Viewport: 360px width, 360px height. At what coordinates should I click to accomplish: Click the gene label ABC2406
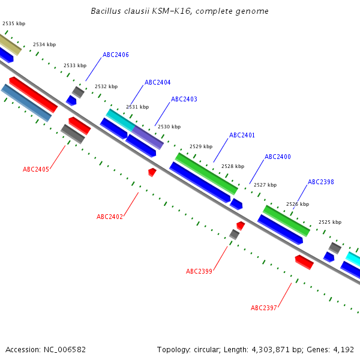pyautogui.click(x=115, y=55)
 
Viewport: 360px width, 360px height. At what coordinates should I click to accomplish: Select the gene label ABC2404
pyautogui.click(x=157, y=83)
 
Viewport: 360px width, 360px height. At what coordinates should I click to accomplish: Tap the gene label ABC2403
pyautogui.click(x=184, y=99)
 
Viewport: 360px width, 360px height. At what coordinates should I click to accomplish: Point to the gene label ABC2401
pyautogui.click(x=242, y=135)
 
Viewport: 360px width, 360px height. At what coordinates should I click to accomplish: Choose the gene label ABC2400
pyautogui.click(x=278, y=157)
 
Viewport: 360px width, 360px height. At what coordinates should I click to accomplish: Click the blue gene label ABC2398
pyautogui.click(x=321, y=182)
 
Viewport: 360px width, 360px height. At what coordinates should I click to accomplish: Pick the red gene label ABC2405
pyautogui.click(x=36, y=169)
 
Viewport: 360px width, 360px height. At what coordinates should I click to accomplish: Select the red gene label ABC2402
pyautogui.click(x=110, y=217)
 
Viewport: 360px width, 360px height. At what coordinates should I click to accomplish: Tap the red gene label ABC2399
pyautogui.click(x=199, y=271)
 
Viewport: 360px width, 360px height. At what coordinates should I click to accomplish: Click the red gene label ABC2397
pyautogui.click(x=264, y=308)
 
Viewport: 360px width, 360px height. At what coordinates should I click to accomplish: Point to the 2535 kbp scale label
pyautogui.click(x=14, y=23)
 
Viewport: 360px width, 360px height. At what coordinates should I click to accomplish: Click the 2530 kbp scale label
pyautogui.click(x=169, y=127)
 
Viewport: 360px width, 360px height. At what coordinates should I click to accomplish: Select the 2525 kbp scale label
pyautogui.click(x=329, y=222)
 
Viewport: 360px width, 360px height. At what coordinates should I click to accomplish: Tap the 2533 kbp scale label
pyautogui.click(x=75, y=65)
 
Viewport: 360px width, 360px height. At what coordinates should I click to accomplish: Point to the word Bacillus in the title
pyautogui.click(x=105, y=11)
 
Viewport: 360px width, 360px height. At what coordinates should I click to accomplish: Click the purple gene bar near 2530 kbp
pyautogui.click(x=148, y=137)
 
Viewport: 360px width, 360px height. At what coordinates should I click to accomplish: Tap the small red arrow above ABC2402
pyautogui.click(x=152, y=172)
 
